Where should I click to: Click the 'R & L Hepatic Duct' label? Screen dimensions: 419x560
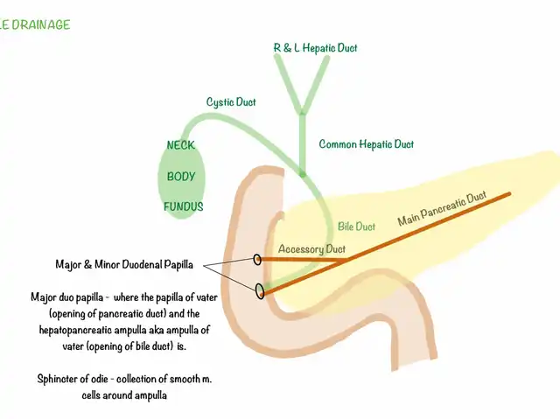pos(315,47)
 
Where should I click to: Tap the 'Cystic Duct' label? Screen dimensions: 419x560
pos(231,101)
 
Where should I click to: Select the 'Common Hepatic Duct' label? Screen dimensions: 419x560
pos(366,144)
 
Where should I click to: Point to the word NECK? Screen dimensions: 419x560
pos(180,145)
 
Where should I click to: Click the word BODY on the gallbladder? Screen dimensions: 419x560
pos(181,176)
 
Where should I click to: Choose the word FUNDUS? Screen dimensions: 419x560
pos(183,207)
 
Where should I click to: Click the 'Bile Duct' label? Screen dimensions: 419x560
pos(356,227)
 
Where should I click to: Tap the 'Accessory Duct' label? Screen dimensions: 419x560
pos(305,249)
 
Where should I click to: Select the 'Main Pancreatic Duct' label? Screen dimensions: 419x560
pos(442,210)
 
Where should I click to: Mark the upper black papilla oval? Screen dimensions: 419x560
pos(257,259)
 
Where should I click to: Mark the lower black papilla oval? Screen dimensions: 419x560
pos(260,291)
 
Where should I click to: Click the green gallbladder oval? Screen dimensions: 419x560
pos(182,178)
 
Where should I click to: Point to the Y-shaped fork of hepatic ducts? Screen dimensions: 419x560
pos(302,108)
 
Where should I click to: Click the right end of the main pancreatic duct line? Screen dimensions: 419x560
pos(510,194)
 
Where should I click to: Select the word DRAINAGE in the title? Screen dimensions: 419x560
pos(40,24)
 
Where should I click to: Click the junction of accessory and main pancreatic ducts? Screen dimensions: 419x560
pos(347,260)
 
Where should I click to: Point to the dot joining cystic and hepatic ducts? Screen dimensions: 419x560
pos(302,174)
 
